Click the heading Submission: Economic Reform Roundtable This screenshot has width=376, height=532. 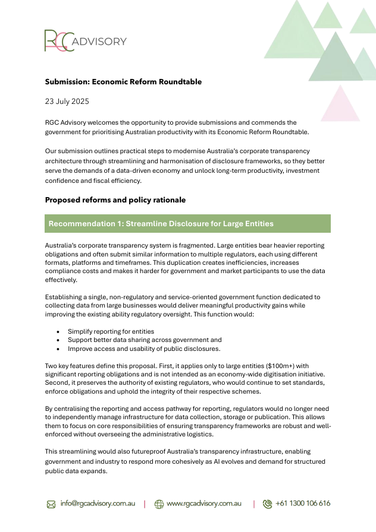123,82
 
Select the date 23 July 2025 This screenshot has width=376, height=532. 67,102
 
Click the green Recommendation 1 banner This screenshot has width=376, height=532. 187,224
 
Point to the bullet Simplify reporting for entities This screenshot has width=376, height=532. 111,331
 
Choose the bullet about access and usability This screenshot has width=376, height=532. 144,349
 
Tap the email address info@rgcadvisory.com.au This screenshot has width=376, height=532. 98,503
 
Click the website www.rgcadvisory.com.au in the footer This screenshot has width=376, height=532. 204,503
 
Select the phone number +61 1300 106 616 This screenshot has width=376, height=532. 302,503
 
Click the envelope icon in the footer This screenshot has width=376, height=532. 51,504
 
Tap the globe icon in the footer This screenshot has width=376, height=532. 159,504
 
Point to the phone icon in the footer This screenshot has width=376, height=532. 267,504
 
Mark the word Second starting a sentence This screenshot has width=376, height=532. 57,383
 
